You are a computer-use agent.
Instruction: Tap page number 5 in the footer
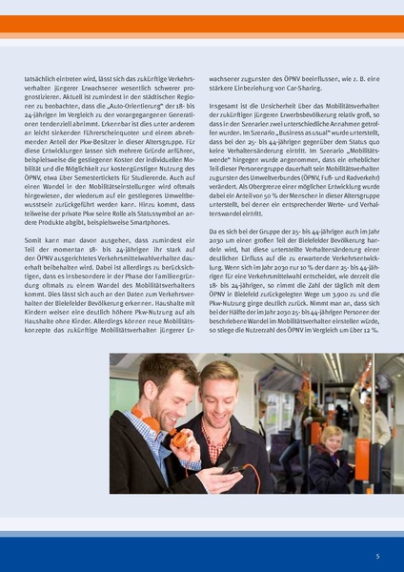377,555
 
